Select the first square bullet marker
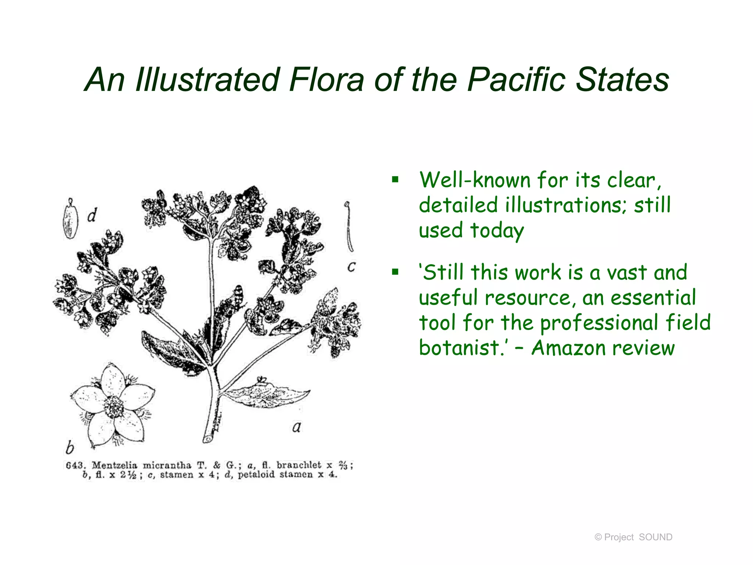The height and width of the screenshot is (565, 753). tap(395, 180)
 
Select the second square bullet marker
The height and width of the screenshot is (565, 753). tap(395, 272)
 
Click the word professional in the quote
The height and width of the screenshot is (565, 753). tap(599, 323)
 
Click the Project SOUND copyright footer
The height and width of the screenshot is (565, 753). tap(633, 537)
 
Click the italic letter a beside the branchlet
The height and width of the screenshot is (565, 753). tap(296, 427)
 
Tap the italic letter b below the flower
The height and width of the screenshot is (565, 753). tap(69, 448)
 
